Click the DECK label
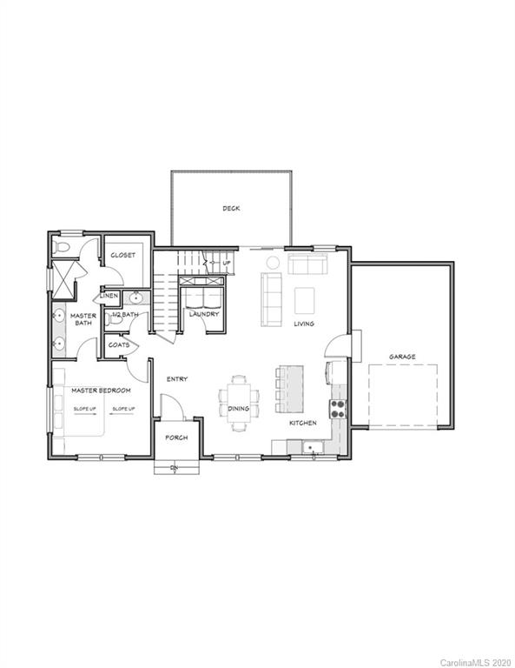coord(230,208)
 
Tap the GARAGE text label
coord(401,357)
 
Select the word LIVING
coord(303,324)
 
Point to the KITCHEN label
coord(302,423)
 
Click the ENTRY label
coord(177,379)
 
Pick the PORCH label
coord(176,438)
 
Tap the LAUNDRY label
coord(204,314)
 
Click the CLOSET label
coord(122,256)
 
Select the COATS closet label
coord(119,344)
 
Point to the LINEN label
coord(109,296)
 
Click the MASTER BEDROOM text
coord(101,390)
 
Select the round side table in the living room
coord(272,262)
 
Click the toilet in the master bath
coord(60,248)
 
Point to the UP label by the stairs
coord(227,262)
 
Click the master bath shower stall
coord(62,279)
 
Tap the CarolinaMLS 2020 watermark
coord(477,662)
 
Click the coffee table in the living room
coord(304,300)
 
